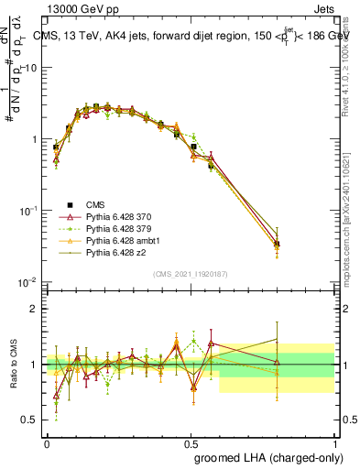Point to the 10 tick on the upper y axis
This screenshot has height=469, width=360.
[32, 68]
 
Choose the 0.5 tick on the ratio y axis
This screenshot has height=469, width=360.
[32, 420]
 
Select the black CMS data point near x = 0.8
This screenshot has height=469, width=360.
[277, 244]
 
